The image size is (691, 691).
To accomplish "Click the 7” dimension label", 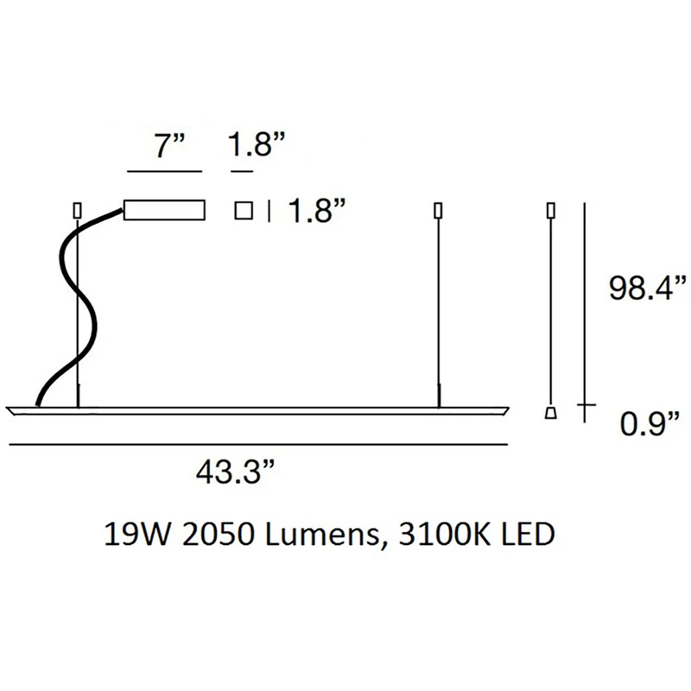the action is (x=169, y=145).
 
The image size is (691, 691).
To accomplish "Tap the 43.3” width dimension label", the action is (x=235, y=472).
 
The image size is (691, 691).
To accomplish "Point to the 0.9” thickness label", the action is (x=650, y=423).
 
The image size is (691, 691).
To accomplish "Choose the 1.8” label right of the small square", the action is (x=316, y=210).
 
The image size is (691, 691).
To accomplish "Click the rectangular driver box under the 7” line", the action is (x=164, y=210).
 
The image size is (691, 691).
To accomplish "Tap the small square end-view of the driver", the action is (x=244, y=210).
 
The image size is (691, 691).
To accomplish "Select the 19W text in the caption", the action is (x=136, y=534).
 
